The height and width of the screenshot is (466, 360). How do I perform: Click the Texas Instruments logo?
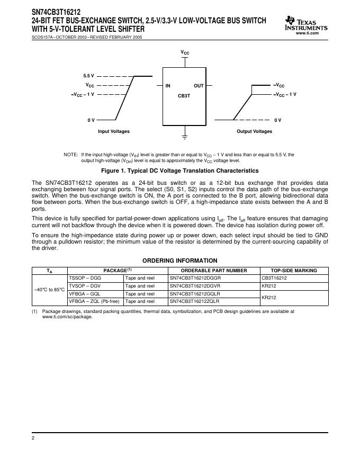pyautogui.click(x=305, y=23)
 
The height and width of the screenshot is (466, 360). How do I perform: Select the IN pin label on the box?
pyautogui.click(x=168, y=85)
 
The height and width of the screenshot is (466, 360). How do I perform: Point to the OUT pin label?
pyautogui.click(x=199, y=85)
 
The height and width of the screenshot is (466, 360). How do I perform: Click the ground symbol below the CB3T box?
pyautogui.click(x=184, y=137)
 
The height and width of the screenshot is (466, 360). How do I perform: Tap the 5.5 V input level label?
pyautogui.click(x=88, y=76)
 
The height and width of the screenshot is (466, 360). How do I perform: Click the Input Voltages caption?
pyautogui.click(x=113, y=131)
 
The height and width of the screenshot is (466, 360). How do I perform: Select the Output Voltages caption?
pyautogui.click(x=254, y=131)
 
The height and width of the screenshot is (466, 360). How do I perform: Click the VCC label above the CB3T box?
pyautogui.click(x=184, y=53)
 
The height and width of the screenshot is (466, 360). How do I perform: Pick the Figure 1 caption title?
pyautogui.click(x=180, y=171)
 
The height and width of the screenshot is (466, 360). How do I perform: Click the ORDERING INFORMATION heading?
pyautogui.click(x=180, y=261)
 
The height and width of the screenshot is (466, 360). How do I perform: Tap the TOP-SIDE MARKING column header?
pyautogui.click(x=294, y=271)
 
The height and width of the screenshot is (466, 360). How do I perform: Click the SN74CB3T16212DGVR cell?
pyautogui.click(x=194, y=286)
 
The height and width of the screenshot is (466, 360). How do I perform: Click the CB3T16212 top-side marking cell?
pyautogui.click(x=274, y=278)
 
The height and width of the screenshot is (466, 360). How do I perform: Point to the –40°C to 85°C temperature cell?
pyautogui.click(x=49, y=290)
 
